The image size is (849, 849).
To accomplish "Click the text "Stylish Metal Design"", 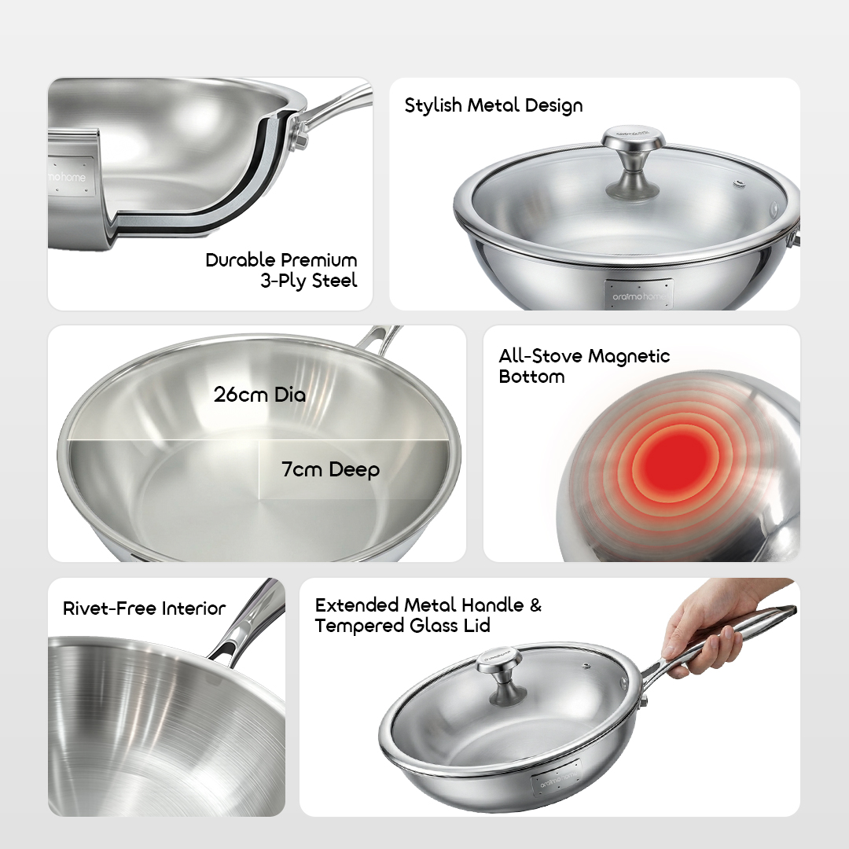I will [x=494, y=105].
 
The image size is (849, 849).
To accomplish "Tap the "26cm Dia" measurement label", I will [x=259, y=394].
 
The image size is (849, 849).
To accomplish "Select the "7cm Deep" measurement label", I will [x=330, y=469].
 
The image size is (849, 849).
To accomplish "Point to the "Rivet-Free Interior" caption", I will [x=144, y=608].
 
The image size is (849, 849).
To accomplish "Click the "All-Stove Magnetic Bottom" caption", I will [x=584, y=366].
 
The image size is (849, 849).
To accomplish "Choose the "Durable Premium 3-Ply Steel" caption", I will [x=281, y=270].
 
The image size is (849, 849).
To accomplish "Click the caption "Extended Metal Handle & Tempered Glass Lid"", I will [x=428, y=616].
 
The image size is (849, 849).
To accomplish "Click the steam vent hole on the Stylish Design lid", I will [x=739, y=185].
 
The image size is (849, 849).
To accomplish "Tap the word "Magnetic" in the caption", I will [x=628, y=356].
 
